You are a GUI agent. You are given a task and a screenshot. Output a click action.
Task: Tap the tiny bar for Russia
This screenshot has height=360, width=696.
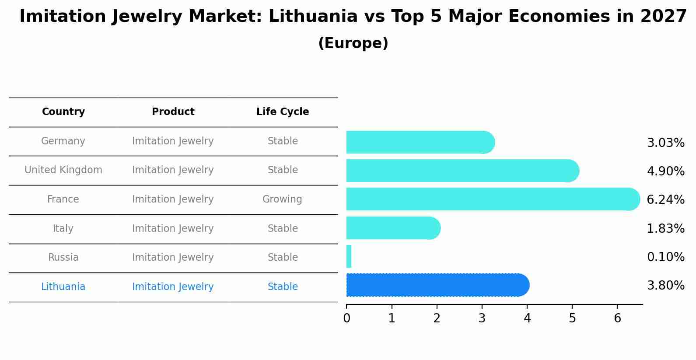pyautogui.click(x=349, y=256)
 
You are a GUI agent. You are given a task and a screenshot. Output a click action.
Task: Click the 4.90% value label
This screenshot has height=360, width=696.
pyautogui.click(x=665, y=171)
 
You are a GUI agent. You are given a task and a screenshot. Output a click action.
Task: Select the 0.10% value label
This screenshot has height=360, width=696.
pyautogui.click(x=665, y=257)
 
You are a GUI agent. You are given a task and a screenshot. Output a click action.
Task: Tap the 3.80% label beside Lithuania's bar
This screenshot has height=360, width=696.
pyautogui.click(x=665, y=286)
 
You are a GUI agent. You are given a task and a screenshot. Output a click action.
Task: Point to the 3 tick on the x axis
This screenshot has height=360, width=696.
pyautogui.click(x=482, y=318)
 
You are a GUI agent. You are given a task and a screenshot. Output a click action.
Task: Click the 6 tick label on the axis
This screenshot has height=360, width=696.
pyautogui.click(x=617, y=318)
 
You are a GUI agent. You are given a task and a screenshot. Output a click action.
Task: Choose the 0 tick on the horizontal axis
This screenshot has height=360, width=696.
pyautogui.click(x=346, y=318)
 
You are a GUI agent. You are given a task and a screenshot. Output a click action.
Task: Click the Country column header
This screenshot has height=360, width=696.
pyautogui.click(x=63, y=112)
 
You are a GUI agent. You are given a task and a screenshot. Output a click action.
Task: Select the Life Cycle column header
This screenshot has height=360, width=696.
pyautogui.click(x=283, y=112)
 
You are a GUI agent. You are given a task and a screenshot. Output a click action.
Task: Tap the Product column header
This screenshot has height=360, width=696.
pyautogui.click(x=173, y=112)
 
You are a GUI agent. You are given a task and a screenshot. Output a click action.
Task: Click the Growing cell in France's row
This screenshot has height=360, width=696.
pyautogui.click(x=282, y=199)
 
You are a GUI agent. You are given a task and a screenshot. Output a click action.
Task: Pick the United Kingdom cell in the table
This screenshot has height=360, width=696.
pyautogui.click(x=63, y=170)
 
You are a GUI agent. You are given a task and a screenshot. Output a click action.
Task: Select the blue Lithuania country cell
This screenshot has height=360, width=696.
pyautogui.click(x=63, y=287)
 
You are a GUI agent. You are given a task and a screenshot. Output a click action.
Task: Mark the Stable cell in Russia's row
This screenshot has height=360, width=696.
pyautogui.click(x=283, y=258)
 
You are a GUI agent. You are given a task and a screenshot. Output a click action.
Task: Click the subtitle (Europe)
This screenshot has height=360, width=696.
pyautogui.click(x=353, y=43)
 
